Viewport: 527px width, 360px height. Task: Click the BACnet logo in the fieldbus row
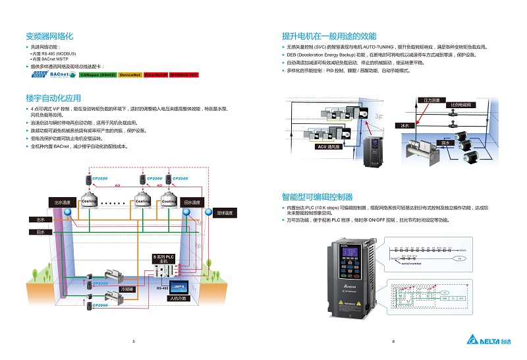click(x=61, y=75)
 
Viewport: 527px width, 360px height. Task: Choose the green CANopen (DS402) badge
click(x=97, y=75)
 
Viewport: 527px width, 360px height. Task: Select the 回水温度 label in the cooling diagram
click(x=192, y=202)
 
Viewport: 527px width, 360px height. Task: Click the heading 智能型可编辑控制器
click(x=317, y=196)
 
